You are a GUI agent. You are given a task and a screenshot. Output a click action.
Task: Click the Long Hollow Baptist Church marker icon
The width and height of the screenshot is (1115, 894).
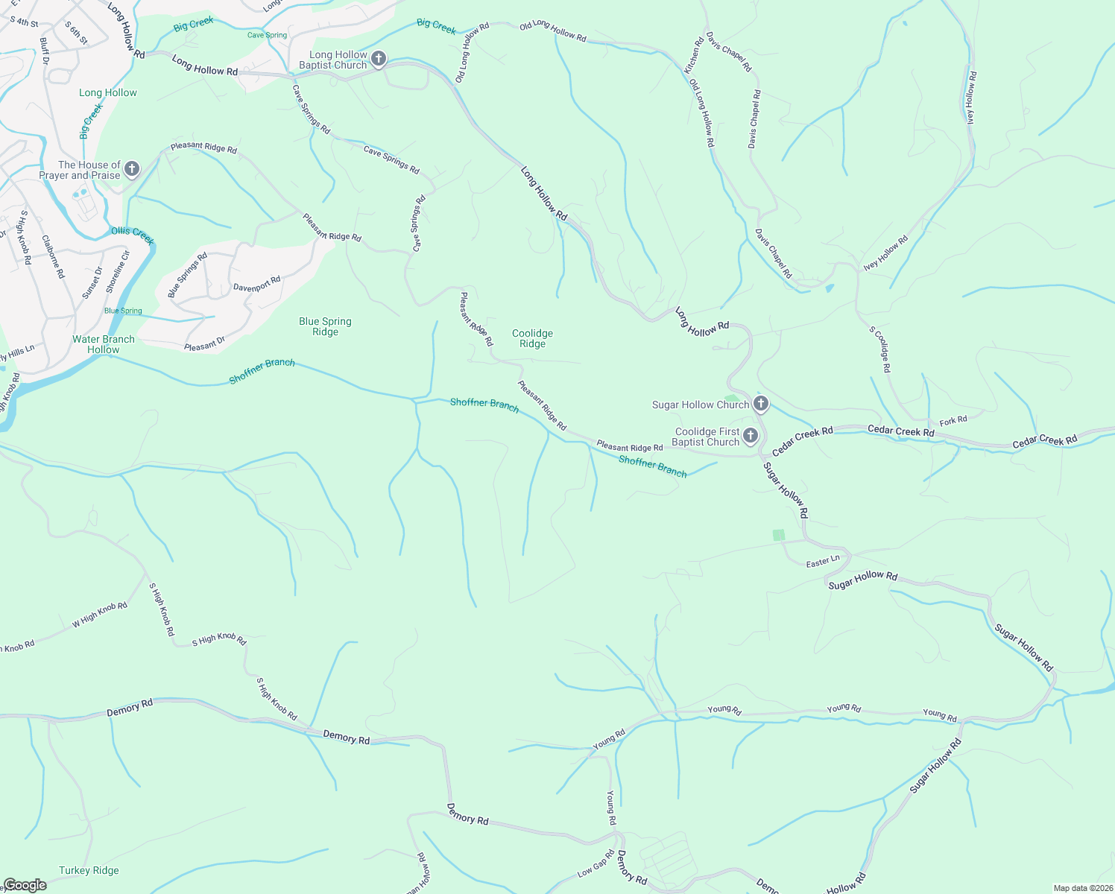click(x=379, y=59)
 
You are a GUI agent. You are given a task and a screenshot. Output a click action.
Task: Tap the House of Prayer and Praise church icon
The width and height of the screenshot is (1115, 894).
click(x=132, y=169)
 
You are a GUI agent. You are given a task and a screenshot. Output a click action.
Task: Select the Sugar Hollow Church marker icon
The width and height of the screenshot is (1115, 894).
click(x=760, y=404)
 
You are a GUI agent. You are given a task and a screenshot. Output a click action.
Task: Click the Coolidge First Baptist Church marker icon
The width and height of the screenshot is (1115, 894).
click(x=751, y=436)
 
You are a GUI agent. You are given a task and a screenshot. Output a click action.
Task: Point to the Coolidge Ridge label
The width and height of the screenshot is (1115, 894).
click(x=532, y=338)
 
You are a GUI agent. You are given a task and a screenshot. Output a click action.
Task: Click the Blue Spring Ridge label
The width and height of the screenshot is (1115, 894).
click(x=325, y=326)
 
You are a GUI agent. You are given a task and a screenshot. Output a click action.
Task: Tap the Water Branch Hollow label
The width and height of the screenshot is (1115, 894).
click(x=104, y=344)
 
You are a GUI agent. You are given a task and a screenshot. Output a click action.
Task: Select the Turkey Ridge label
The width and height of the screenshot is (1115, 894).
click(x=89, y=870)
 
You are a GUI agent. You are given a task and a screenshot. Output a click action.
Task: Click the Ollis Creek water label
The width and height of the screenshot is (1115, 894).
click(x=133, y=235)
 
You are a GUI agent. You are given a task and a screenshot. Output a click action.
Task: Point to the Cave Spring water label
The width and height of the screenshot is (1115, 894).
click(x=267, y=35)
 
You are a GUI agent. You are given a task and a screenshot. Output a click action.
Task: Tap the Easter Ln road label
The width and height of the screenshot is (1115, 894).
click(x=823, y=562)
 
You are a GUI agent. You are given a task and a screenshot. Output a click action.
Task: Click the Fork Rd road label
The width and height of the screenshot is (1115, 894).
click(x=953, y=421)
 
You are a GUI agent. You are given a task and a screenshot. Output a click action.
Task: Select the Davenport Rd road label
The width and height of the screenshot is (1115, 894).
click(x=256, y=284)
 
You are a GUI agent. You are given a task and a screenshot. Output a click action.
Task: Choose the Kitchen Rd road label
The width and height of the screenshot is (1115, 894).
click(x=694, y=55)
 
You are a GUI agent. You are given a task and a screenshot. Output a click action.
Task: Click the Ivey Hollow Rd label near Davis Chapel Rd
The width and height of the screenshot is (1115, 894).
click(x=885, y=253)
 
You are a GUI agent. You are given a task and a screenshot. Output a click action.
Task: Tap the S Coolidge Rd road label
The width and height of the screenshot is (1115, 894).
click(x=880, y=349)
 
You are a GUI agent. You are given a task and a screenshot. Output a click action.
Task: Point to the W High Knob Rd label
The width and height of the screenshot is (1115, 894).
click(x=100, y=615)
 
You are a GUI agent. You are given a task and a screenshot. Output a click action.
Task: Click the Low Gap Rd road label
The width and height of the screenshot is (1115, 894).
click(x=596, y=868)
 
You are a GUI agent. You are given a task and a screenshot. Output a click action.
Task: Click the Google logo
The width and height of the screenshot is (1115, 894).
click(x=25, y=885)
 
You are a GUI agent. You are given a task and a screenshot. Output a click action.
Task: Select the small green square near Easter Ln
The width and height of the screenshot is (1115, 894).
click(x=779, y=535)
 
